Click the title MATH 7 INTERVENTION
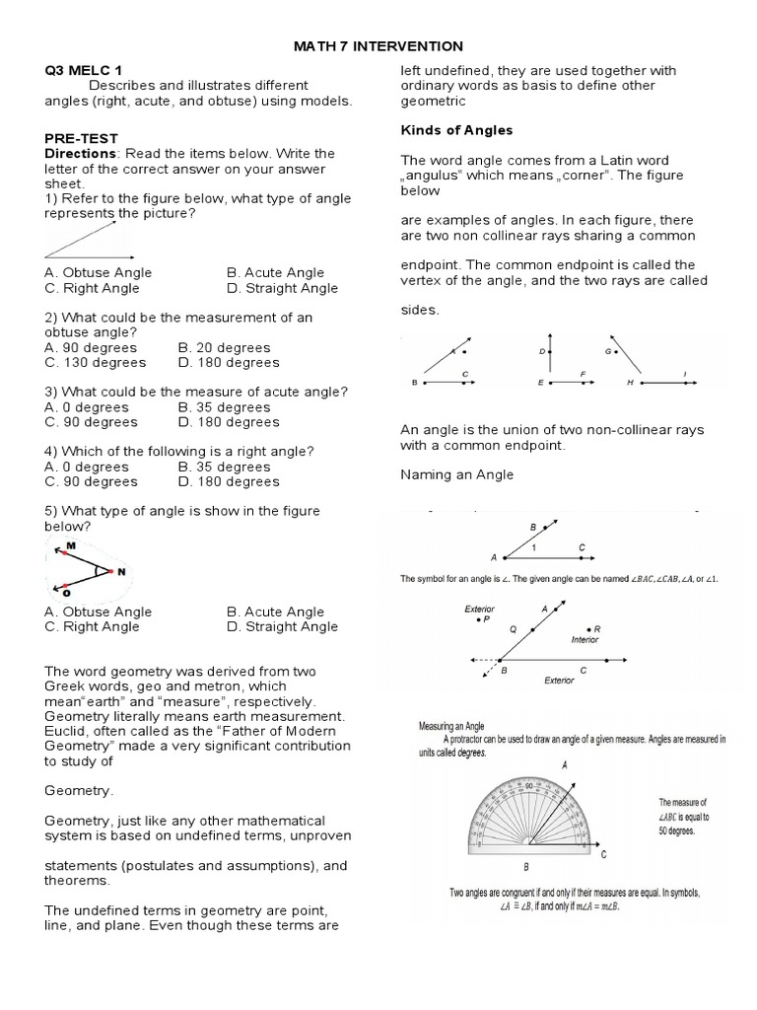click(379, 46)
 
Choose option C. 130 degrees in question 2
click(96, 362)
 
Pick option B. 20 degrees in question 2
click(224, 347)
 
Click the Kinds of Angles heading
click(456, 130)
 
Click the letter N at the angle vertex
click(121, 571)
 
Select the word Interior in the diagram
click(585, 639)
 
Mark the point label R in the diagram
click(597, 628)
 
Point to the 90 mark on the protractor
click(529, 786)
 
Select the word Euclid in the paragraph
click(66, 730)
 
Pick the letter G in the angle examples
click(608, 351)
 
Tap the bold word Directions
click(81, 154)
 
